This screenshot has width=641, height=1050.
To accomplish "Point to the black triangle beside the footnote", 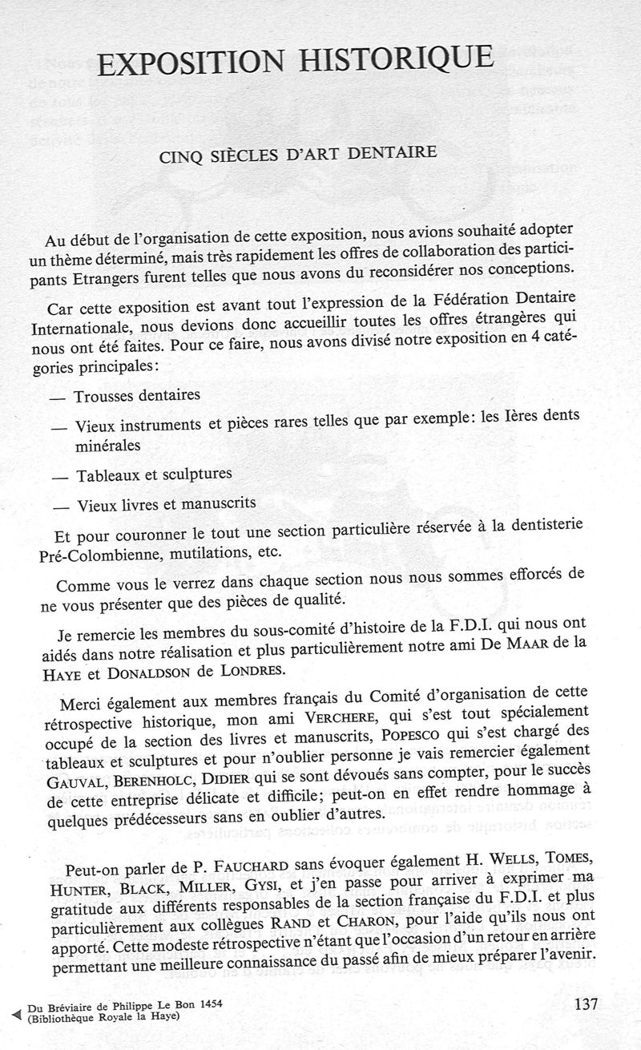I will (x=10, y=1008).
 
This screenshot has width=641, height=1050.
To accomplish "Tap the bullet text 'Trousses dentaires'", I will (x=137, y=396).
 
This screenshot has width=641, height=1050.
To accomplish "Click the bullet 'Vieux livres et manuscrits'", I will (x=166, y=505).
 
